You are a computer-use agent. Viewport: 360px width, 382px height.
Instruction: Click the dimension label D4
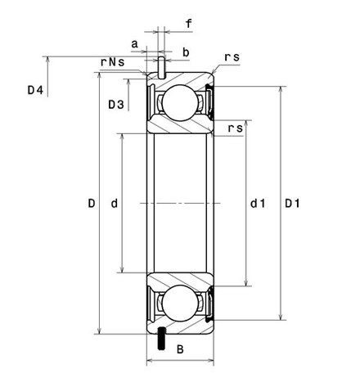tap(35, 90)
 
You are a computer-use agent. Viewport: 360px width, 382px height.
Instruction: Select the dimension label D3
tap(116, 105)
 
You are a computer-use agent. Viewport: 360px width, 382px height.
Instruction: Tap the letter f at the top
tap(188, 24)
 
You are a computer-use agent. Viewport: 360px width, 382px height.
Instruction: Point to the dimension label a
tap(135, 44)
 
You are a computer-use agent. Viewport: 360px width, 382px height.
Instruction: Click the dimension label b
tap(186, 52)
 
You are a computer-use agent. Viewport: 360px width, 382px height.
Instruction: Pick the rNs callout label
tap(113, 62)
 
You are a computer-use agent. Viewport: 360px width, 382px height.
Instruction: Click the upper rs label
tap(232, 57)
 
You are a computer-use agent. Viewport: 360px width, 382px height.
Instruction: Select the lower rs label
tap(236, 128)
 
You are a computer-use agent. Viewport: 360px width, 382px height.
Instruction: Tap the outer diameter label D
tap(92, 204)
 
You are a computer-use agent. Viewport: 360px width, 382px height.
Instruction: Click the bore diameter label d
tap(115, 204)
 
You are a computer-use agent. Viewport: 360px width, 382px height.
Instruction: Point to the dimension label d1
tap(258, 204)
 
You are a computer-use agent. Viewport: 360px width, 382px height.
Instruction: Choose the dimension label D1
tap(292, 204)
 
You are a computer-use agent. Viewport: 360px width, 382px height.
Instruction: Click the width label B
tap(180, 349)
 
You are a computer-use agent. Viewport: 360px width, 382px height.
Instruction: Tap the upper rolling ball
tap(179, 103)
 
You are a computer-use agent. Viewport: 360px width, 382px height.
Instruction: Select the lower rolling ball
tap(179, 303)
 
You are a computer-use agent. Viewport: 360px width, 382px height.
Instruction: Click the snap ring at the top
tap(162, 68)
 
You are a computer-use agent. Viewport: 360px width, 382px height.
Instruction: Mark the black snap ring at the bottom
tap(162, 339)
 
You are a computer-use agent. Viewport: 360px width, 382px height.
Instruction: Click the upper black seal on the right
tap(210, 102)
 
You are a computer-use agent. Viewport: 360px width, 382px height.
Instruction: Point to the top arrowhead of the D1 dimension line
tap(281, 90)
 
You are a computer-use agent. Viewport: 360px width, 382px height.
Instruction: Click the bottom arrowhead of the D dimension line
tap(100, 330)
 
